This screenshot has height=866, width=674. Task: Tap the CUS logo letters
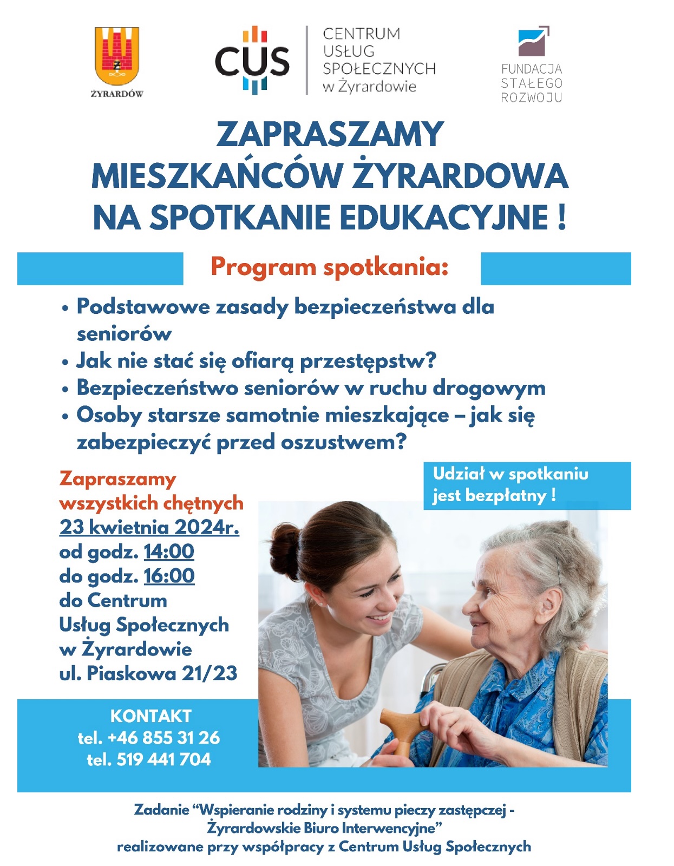coord(252,61)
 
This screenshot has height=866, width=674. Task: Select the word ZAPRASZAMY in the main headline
coord(330,135)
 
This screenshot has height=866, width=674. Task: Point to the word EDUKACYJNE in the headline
coord(444,218)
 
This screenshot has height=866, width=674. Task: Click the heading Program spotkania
coord(329,267)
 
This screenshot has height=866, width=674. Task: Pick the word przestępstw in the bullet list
coord(368,361)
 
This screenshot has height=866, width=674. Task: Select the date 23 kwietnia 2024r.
coord(149,527)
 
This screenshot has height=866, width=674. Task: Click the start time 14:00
coord(169,552)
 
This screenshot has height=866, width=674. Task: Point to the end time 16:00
coord(169,576)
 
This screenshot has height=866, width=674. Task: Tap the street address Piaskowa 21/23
coord(162,673)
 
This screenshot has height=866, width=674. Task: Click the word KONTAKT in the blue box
coord(150,716)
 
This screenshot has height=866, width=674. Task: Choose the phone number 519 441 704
coord(163,759)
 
